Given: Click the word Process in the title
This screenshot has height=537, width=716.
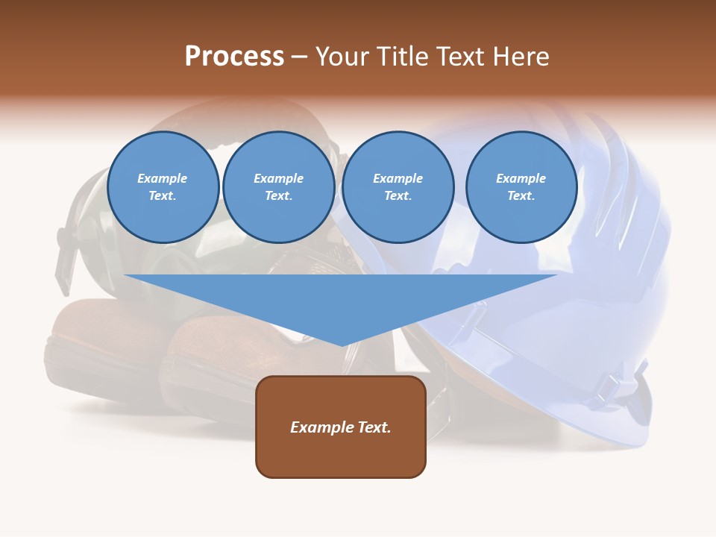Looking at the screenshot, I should coord(234,57).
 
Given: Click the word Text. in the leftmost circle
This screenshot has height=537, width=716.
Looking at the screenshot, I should coord(163,196).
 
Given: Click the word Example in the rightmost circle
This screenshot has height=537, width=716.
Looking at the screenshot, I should coord(521,178).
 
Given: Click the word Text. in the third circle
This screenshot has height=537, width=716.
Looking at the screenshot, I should coord(398,196).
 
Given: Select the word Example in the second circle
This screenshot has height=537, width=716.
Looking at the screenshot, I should coord(279,178).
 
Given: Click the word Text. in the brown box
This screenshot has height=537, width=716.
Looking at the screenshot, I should coord(375,427).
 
